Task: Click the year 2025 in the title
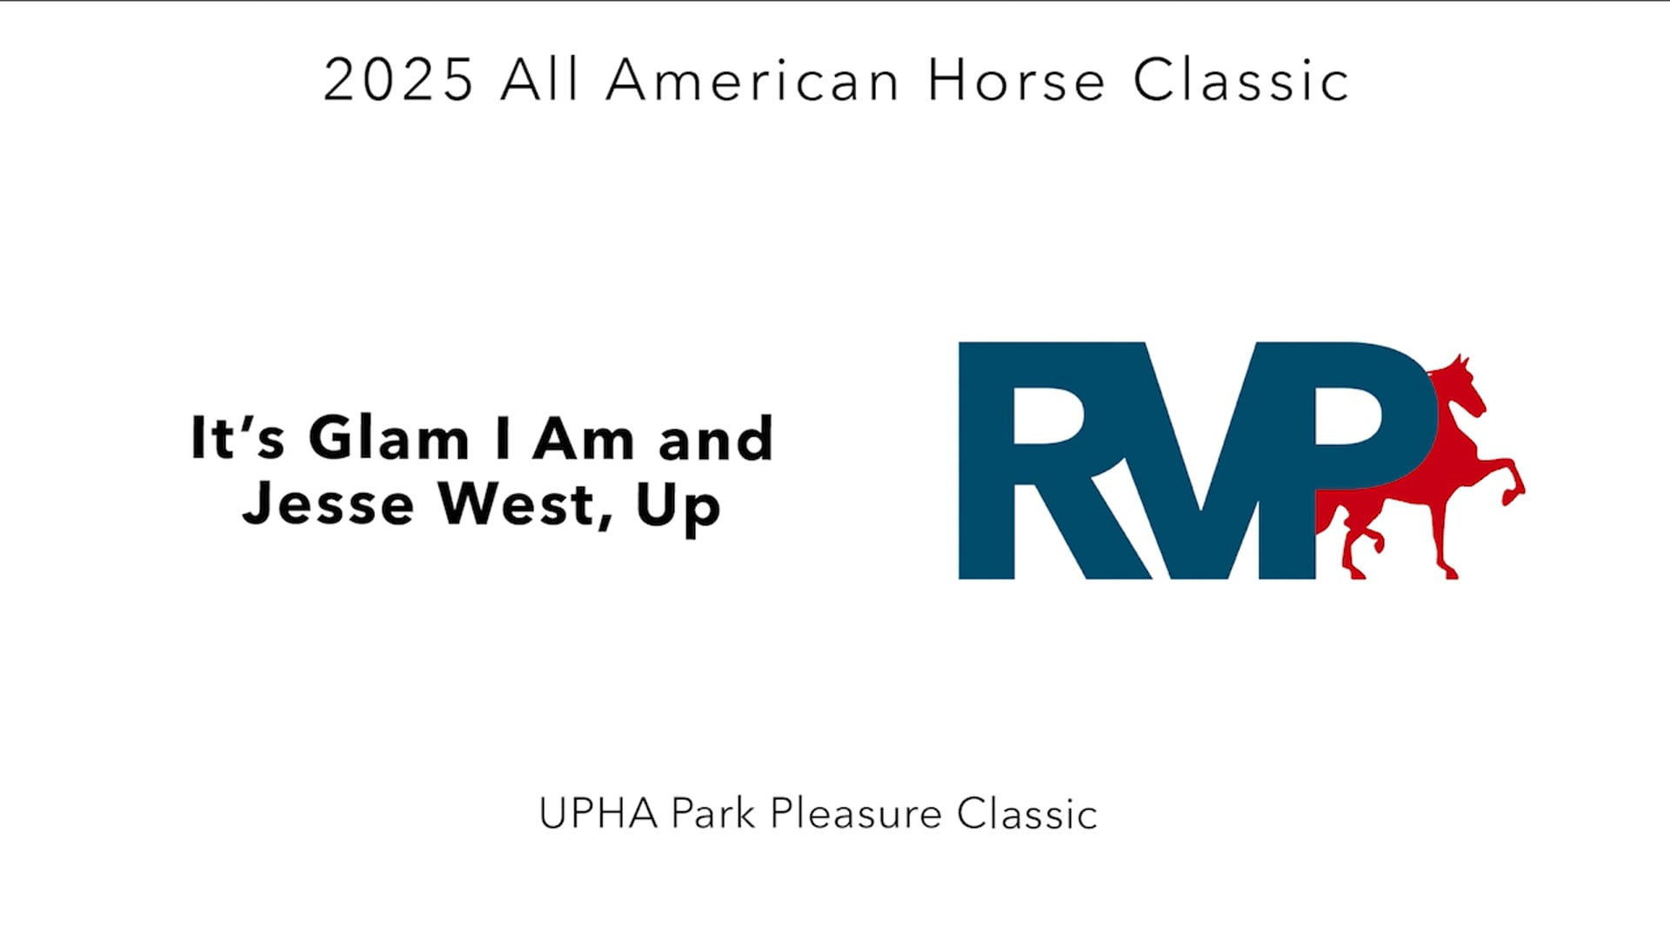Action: (x=397, y=80)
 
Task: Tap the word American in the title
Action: (x=752, y=80)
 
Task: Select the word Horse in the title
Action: (x=1016, y=80)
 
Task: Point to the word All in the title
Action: (x=539, y=80)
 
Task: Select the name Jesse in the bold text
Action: (x=328, y=504)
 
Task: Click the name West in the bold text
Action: (x=524, y=504)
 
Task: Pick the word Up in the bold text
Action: (x=678, y=506)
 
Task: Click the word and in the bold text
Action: (x=715, y=439)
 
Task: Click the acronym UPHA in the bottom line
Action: (x=598, y=814)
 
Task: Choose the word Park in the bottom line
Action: (x=712, y=814)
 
